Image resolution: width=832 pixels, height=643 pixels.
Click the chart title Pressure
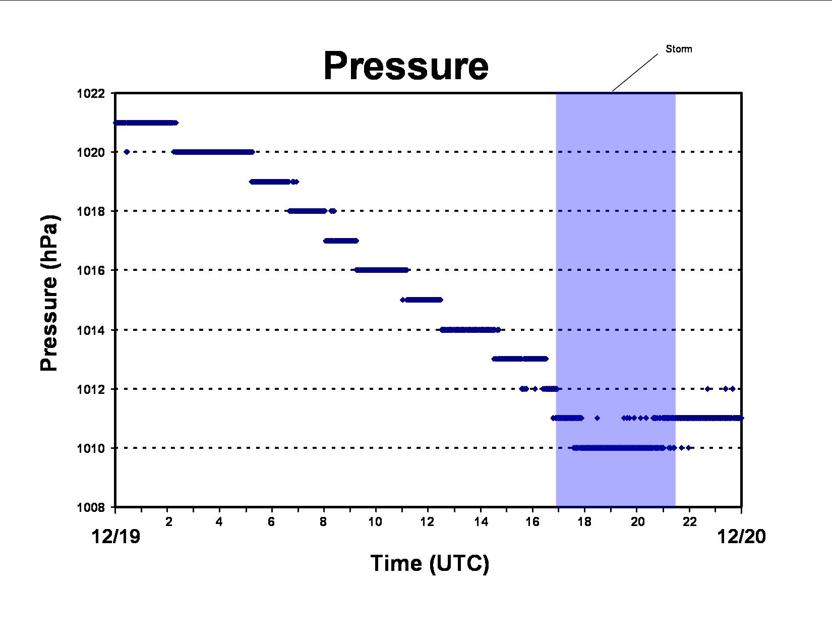click(x=406, y=66)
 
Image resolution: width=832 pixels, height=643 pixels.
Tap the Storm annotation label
click(x=679, y=49)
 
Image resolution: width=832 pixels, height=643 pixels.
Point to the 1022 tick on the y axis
click(x=91, y=93)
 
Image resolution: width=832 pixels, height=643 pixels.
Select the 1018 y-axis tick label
click(x=91, y=211)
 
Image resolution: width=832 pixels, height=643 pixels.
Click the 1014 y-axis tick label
click(x=91, y=330)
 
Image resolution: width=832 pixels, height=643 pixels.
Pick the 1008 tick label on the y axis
click(x=91, y=508)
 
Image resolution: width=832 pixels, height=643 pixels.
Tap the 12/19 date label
click(x=115, y=537)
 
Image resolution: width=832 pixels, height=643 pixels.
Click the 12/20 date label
click(x=741, y=537)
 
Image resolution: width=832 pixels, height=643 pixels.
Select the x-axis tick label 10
click(x=375, y=521)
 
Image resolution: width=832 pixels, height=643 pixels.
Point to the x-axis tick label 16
click(x=532, y=521)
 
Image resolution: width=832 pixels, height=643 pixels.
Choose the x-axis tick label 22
click(x=690, y=521)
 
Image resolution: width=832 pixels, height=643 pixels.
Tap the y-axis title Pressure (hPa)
click(x=49, y=293)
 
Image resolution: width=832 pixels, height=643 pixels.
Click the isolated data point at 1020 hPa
click(x=127, y=152)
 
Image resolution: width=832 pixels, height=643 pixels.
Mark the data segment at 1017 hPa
click(x=341, y=241)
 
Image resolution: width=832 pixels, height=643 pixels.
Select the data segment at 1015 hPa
click(x=422, y=300)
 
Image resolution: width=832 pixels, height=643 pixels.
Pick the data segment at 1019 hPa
click(x=274, y=182)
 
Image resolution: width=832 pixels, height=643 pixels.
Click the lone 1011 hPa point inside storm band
click(x=598, y=418)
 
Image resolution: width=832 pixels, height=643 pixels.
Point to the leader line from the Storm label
click(x=635, y=73)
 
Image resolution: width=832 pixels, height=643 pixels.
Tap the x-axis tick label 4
click(x=219, y=521)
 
